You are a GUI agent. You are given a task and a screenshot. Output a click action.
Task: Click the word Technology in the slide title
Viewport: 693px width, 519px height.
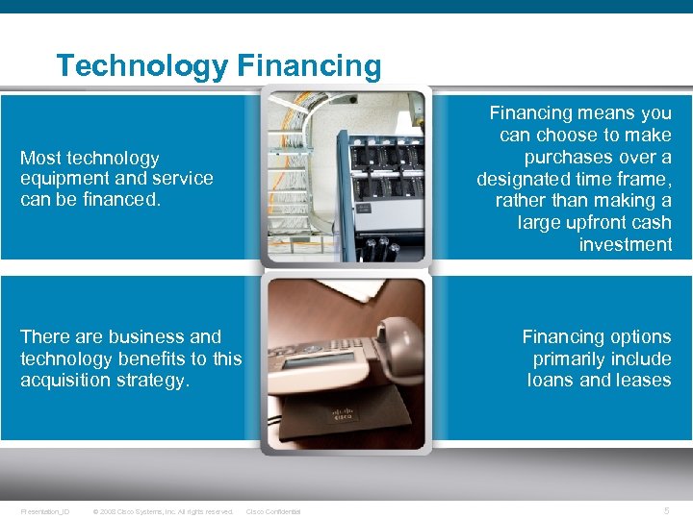pos(142,65)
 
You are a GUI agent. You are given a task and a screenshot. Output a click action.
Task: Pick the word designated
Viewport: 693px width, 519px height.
pos(528,179)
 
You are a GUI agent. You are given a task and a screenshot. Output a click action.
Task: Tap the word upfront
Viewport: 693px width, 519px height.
pos(592,222)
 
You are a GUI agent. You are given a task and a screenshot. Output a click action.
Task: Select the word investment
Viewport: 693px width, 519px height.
pos(626,244)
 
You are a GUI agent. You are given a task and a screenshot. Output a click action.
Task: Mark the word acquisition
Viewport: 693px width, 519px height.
pos(65,380)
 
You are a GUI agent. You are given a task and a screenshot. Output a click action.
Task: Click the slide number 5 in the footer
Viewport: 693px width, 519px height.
pos(667,511)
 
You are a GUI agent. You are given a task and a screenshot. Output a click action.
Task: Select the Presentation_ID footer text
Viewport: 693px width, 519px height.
pos(44,511)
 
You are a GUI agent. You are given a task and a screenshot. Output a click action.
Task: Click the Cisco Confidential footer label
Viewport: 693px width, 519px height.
pos(273,511)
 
